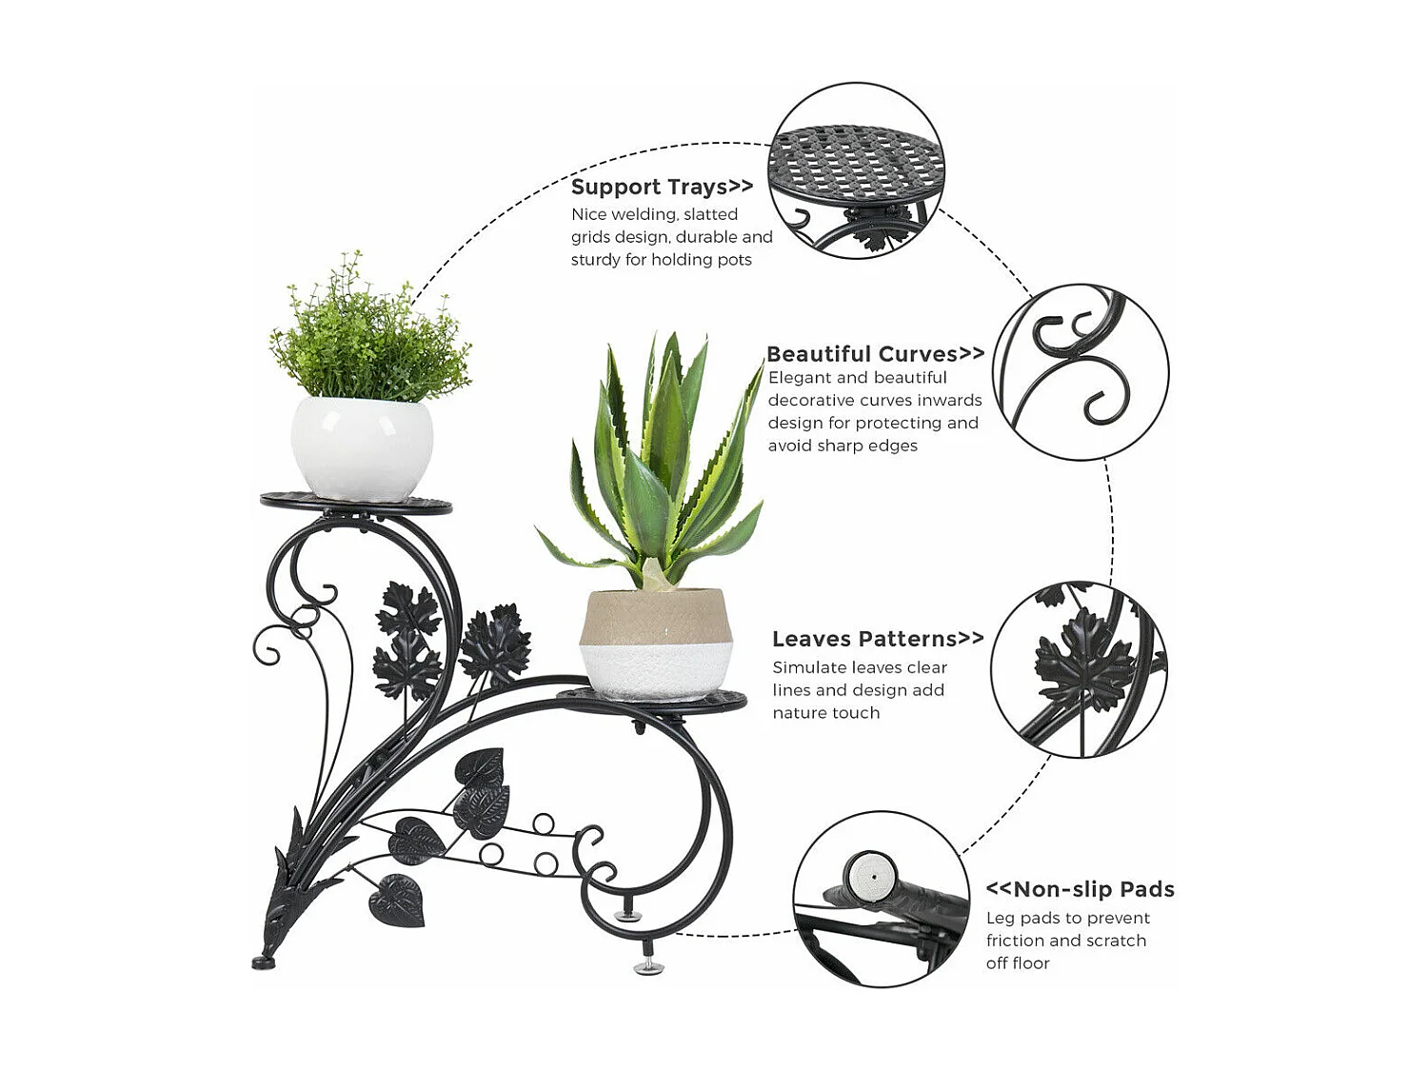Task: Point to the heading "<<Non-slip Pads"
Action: [1080, 889]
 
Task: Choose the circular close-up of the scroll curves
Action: [1081, 371]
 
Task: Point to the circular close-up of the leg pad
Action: [881, 898]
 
